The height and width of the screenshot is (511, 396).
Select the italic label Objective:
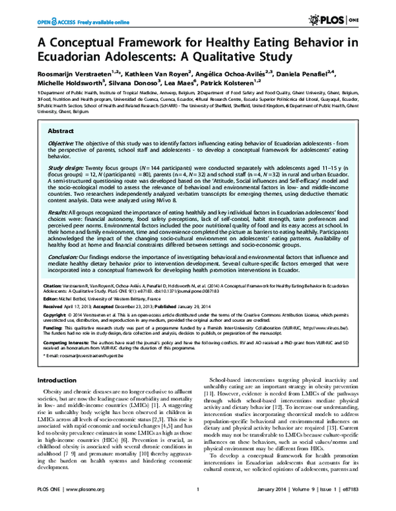point(61,143)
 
